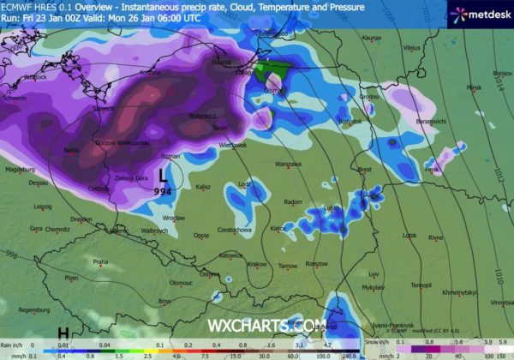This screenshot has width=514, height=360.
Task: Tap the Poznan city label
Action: (170, 158)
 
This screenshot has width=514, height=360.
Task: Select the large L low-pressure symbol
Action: (163, 174)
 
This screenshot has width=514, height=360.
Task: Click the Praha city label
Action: (100, 261)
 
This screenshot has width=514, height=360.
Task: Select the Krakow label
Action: (257, 265)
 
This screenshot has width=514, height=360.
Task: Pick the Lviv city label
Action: (373, 274)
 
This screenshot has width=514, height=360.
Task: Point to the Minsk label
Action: (475, 87)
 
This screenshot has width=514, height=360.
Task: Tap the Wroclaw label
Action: (174, 218)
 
